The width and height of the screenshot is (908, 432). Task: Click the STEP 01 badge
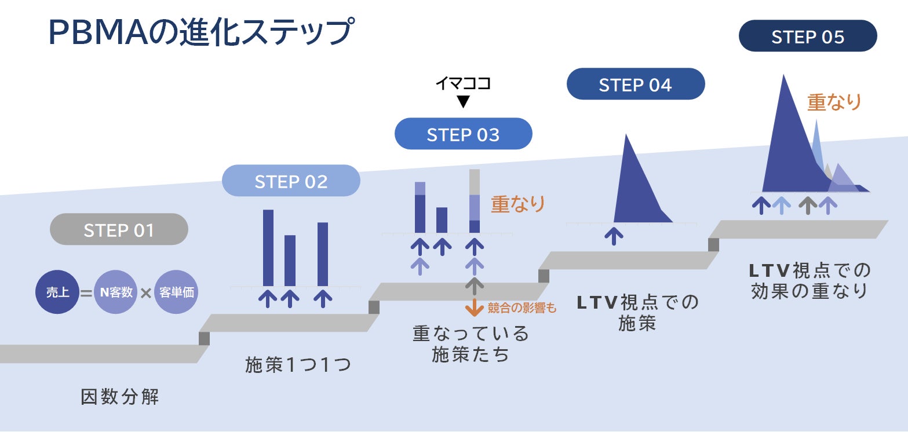pos(119,229)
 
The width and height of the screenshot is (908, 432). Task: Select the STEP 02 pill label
pos(291,181)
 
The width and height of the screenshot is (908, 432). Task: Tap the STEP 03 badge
pos(463,134)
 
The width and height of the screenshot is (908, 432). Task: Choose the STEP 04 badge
pos(635,85)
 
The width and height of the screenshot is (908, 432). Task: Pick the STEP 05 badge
pos(807,36)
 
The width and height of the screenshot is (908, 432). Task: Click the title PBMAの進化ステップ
pos(200,32)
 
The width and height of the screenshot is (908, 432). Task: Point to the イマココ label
pos(463,83)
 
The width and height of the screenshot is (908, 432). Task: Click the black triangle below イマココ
pos(463,102)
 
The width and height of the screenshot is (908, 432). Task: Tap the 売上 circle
pos(57,292)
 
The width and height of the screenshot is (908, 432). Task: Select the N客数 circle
pos(115,292)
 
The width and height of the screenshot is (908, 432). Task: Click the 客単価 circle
pos(176,292)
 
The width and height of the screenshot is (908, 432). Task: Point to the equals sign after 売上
pos(86,293)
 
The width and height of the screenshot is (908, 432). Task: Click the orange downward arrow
pos(475,307)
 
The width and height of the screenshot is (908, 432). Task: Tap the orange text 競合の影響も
pos(522,308)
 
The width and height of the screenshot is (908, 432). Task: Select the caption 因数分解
pos(119,397)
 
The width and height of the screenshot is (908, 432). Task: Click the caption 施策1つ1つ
pos(298,365)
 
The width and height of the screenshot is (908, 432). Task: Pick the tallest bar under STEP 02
pos(268,247)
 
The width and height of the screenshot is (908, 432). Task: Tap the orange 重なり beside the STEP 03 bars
pos(518,204)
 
